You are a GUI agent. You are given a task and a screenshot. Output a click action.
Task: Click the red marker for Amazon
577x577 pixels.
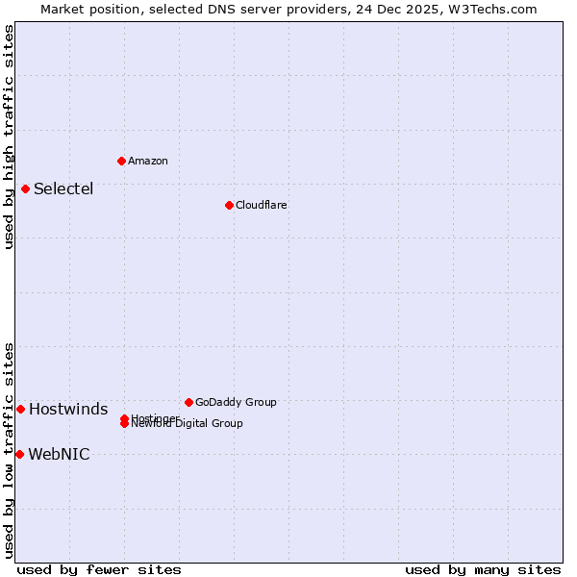pos(121,161)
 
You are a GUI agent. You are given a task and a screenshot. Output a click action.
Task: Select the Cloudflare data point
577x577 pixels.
pos(229,205)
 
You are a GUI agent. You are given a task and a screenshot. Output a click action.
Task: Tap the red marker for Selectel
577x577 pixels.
pos(25,188)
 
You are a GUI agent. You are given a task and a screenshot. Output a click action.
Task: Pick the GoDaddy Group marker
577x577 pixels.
pos(188,402)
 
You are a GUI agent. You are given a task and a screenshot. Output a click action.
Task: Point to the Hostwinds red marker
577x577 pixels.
pos(20,409)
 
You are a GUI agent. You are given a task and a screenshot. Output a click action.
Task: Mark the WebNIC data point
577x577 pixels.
pos(19,454)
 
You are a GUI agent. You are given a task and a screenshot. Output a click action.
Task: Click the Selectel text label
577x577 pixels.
pos(63,188)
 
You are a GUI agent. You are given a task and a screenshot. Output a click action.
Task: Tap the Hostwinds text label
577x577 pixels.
pos(68,410)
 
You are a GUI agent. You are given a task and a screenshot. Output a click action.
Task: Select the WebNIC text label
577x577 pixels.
pos(59,455)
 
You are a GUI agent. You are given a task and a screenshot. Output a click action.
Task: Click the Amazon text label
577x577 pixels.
pos(147,162)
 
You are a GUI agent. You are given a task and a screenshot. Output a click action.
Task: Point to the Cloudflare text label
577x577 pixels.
pos(261,206)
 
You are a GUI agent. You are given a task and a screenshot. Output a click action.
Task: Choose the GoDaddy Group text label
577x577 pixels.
pos(236,403)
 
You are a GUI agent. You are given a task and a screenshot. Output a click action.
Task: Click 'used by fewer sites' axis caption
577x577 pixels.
pos(99,569)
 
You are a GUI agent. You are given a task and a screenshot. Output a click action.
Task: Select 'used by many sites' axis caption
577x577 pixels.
pos(483,569)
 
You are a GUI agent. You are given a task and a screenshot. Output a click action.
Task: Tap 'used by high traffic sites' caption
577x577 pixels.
pos(9,137)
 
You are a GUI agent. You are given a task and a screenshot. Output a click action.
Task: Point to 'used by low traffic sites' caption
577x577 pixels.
pos(9,449)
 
